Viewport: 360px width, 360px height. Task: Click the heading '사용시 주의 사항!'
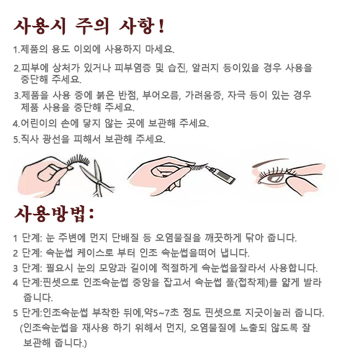click(x=89, y=27)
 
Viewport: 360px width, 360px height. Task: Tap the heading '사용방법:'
click(x=54, y=214)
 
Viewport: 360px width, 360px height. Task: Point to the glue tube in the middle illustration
click(x=221, y=174)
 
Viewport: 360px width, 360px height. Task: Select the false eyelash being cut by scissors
click(x=78, y=161)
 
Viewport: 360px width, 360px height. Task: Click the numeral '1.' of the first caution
click(x=17, y=50)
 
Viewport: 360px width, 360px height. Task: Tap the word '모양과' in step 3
click(x=113, y=268)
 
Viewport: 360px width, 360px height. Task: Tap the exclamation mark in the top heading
click(x=162, y=27)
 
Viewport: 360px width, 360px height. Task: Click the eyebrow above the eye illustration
click(x=271, y=162)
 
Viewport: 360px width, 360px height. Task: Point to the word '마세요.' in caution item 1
click(x=160, y=49)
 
